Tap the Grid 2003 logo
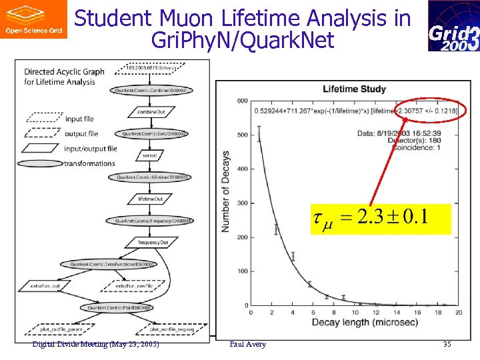click(x=453, y=27)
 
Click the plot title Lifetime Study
click(x=354, y=89)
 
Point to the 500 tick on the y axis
click(x=243, y=135)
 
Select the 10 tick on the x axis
click(x=354, y=312)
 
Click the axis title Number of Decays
click(x=225, y=192)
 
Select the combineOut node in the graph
click(x=151, y=112)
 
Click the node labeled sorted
click(x=150, y=155)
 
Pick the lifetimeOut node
click(x=151, y=199)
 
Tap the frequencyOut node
click(x=153, y=242)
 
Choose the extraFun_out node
click(x=45, y=286)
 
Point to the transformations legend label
click(x=89, y=163)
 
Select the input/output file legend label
click(x=91, y=148)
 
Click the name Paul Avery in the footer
click(x=247, y=344)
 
